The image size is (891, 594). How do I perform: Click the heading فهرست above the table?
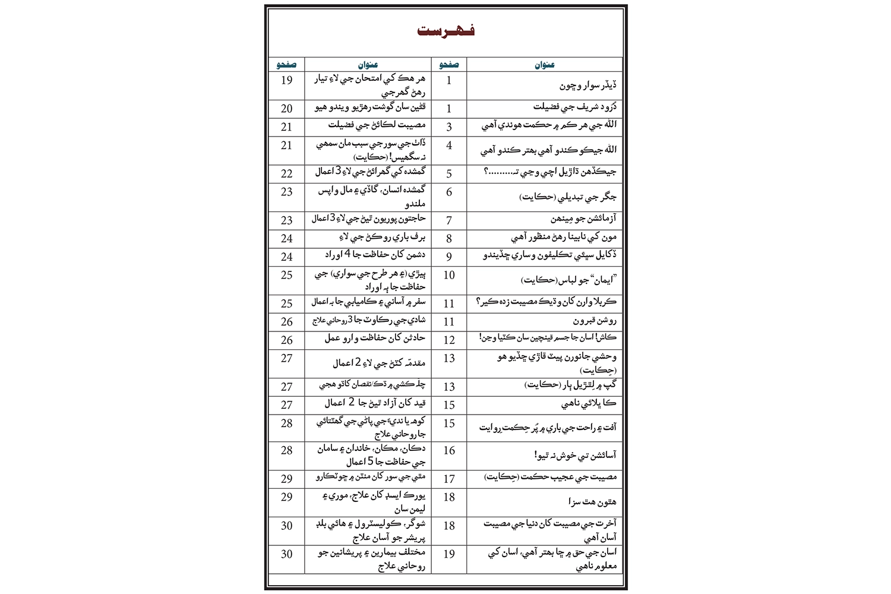pyautogui.click(x=445, y=31)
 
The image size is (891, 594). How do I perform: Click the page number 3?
pyautogui.click(x=449, y=127)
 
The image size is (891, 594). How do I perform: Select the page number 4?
pyautogui.click(x=449, y=146)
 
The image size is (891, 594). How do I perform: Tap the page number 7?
pyautogui.click(x=449, y=220)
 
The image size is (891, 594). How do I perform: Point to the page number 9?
pyautogui.click(x=449, y=257)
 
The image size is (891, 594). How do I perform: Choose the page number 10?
pyautogui.click(x=449, y=275)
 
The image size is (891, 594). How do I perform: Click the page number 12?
pyautogui.click(x=449, y=340)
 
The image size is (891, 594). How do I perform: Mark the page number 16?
pyautogui.click(x=449, y=450)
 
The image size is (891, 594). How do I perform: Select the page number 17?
pyautogui.click(x=449, y=479)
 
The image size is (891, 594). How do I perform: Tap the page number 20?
pyautogui.click(x=287, y=109)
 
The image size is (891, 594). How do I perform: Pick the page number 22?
pyautogui.click(x=287, y=173)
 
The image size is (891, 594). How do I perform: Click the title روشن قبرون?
pyautogui.click(x=595, y=321)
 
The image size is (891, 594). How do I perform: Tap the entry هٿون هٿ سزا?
pyautogui.click(x=592, y=503)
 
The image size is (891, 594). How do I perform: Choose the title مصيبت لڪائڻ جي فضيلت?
pyautogui.click(x=377, y=125)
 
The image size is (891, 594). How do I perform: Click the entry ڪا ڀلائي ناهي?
pyautogui.click(x=589, y=405)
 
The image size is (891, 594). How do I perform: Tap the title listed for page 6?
pyautogui.click(x=568, y=197)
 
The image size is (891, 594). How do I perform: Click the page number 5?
pyautogui.click(x=449, y=174)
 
